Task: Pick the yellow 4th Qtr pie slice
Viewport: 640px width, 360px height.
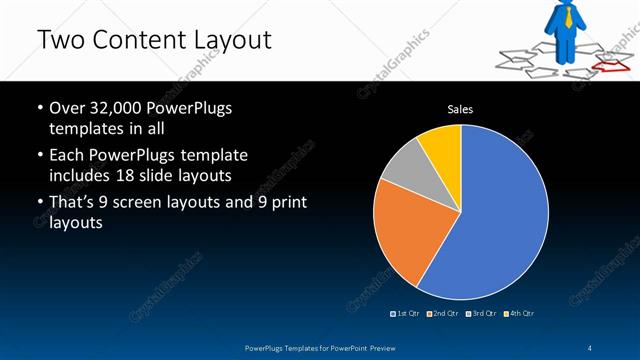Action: [x=443, y=145]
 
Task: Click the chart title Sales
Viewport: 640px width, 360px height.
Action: [x=460, y=109]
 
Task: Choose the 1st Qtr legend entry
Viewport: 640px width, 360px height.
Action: [x=405, y=314]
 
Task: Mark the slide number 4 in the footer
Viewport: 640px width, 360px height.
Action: [x=591, y=347]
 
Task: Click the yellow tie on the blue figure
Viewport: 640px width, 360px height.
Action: [x=569, y=15]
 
